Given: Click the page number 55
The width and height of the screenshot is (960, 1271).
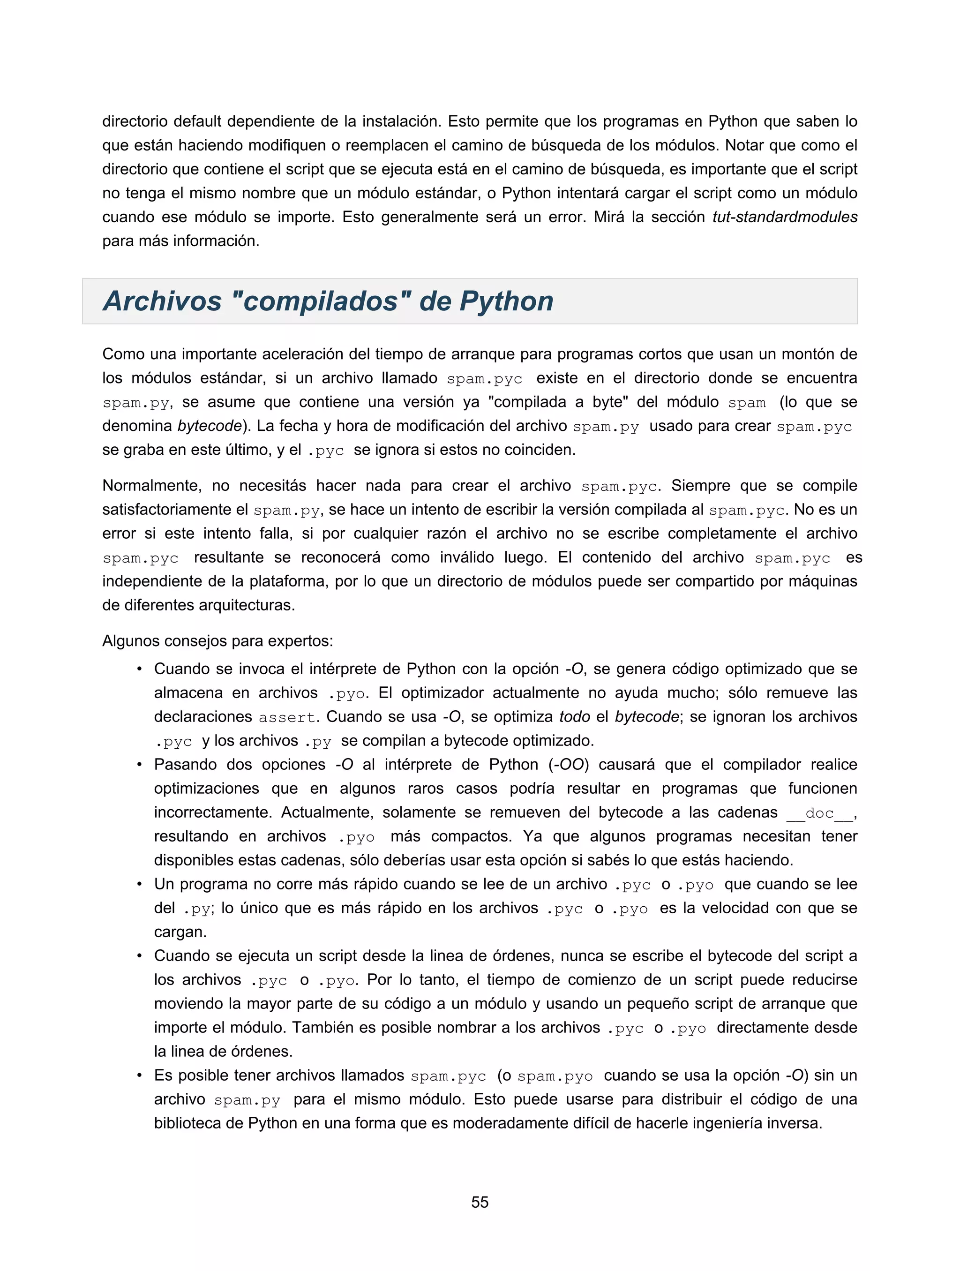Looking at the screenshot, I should (480, 1202).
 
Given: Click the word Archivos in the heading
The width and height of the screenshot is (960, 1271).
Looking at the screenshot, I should (163, 301).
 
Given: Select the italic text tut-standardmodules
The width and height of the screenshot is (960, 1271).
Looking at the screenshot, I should (785, 217).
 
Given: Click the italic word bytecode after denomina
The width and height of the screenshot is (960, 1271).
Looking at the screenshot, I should (209, 426).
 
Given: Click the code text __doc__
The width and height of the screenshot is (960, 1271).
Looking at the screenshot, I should (819, 813).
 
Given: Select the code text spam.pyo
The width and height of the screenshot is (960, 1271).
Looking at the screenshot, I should (555, 1076).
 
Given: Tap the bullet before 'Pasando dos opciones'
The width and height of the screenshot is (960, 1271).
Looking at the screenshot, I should (139, 765).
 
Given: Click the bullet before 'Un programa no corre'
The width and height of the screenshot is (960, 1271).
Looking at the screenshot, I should (139, 884).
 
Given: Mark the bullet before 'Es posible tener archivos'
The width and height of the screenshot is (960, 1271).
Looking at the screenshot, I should (139, 1075).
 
